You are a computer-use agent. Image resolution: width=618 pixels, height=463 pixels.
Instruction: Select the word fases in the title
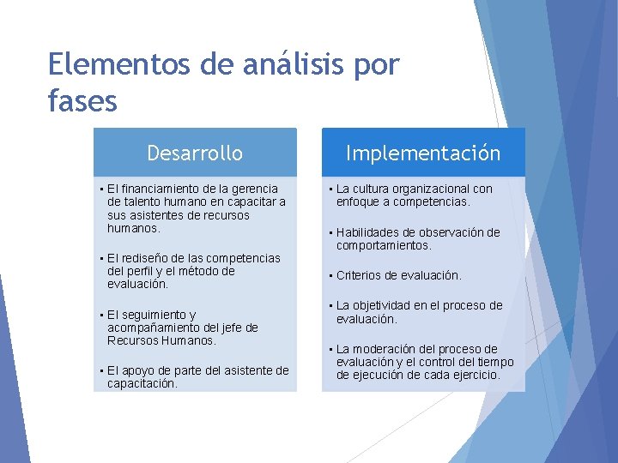[82, 102]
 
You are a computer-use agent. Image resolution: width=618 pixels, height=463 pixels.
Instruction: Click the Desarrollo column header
[195, 153]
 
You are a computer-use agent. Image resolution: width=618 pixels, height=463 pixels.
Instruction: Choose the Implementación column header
[423, 153]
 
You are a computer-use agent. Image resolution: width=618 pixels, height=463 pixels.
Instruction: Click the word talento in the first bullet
[143, 202]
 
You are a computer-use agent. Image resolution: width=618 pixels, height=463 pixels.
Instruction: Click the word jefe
[233, 328]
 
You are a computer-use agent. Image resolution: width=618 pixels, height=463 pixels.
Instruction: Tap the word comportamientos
[384, 246]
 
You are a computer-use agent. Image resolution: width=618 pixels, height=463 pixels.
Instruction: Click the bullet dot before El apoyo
[101, 370]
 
